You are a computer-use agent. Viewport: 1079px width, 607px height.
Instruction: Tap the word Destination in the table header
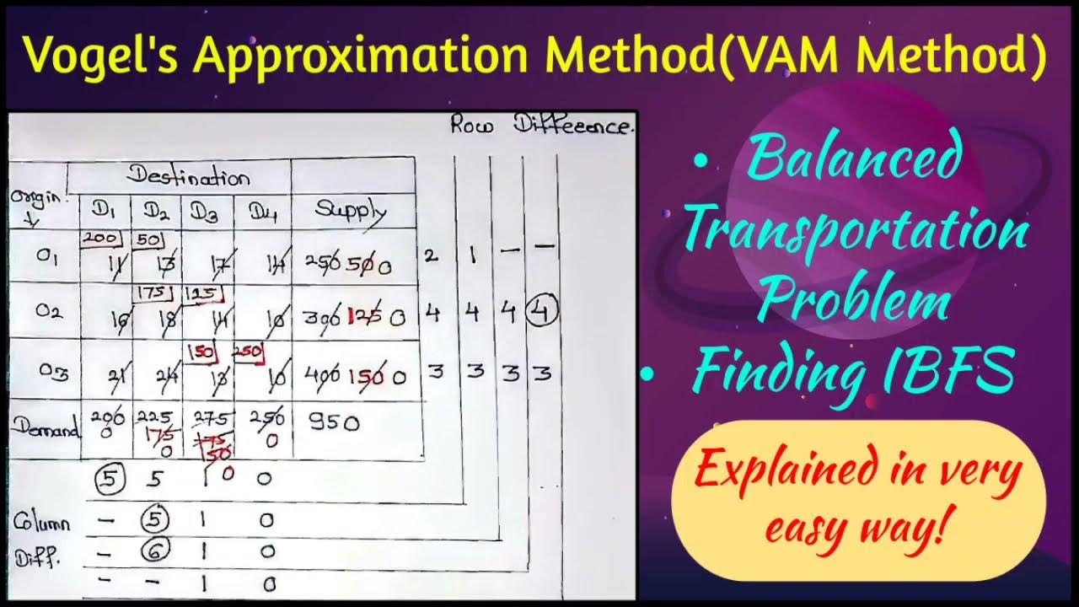188,177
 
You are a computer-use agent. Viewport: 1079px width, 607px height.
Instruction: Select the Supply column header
351,211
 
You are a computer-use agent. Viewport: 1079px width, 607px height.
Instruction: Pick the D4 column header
262,212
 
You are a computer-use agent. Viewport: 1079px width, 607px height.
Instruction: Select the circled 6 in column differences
155,551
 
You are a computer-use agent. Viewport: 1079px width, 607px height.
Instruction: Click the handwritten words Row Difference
539,127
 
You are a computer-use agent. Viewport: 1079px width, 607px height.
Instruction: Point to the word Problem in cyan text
853,301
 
